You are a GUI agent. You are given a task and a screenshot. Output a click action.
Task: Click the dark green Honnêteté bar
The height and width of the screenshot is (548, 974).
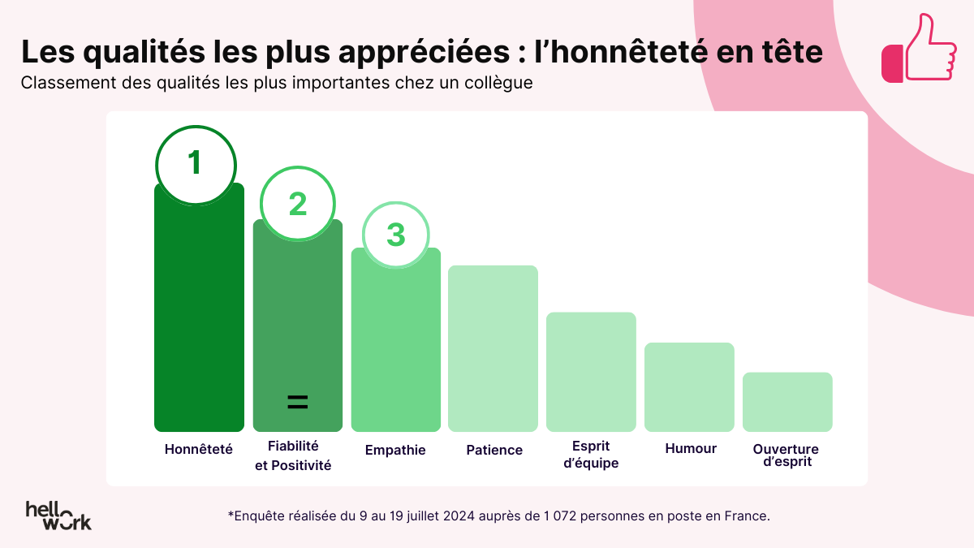point(199,325)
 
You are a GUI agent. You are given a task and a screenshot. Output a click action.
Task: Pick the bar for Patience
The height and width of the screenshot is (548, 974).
point(493,349)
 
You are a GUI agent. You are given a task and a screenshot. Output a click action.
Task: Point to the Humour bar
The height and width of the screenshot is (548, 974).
point(689,387)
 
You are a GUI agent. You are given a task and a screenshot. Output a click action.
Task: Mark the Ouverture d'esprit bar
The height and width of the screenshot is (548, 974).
point(787,402)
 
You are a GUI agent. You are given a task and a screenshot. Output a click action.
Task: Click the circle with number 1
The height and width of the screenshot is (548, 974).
point(196,165)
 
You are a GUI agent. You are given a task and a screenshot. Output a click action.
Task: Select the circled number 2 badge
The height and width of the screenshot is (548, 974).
point(298,204)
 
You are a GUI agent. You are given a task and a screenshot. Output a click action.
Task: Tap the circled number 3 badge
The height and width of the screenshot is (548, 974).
point(395,235)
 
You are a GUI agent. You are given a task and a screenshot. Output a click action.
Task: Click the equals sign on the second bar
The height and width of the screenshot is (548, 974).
point(298,402)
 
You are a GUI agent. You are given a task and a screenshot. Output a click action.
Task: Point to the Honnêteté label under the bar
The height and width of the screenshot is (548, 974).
point(199,449)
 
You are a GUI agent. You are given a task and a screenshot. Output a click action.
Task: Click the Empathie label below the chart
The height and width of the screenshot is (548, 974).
point(395,450)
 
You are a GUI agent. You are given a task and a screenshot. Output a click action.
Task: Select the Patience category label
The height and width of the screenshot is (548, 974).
point(494,450)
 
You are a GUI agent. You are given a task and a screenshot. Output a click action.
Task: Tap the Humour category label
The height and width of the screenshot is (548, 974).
point(691,448)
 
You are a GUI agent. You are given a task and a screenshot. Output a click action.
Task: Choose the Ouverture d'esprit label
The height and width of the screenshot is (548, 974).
point(786,455)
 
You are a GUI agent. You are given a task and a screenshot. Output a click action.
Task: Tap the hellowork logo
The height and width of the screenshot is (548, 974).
point(58,515)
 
